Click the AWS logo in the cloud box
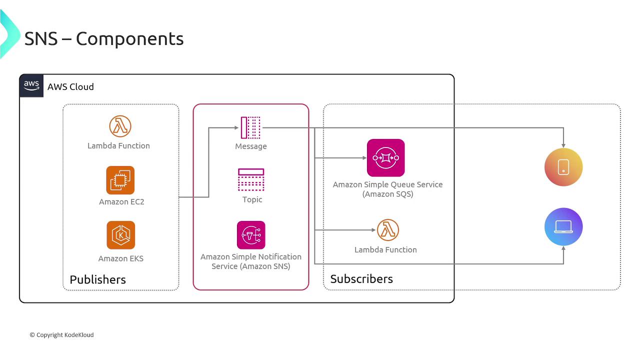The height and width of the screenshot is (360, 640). (31, 85)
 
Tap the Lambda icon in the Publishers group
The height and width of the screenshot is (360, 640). (120, 126)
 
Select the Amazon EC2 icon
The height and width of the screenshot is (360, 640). (120, 180)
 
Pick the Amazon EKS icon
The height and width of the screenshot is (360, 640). (120, 235)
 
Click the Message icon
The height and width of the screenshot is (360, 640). (250, 127)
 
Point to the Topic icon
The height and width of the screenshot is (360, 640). (251, 180)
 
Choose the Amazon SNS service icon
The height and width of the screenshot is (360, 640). (251, 235)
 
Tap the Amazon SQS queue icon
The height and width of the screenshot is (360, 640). (385, 158)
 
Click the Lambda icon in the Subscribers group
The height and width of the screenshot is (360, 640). (388, 230)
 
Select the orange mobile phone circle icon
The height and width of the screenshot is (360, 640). (563, 167)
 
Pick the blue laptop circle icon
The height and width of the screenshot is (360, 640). (563, 226)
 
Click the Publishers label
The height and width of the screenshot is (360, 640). (97, 279)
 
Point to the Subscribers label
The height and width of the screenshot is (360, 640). (361, 279)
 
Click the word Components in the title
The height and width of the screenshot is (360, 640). (129, 38)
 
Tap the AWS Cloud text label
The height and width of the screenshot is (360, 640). (70, 87)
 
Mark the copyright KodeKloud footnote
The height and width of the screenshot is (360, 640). (61, 335)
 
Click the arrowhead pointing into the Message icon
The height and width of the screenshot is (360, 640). (236, 127)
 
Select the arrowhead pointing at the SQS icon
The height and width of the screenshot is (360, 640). (364, 158)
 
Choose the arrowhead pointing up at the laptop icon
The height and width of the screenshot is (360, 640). (563, 248)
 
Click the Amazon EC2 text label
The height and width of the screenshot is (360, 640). (121, 202)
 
